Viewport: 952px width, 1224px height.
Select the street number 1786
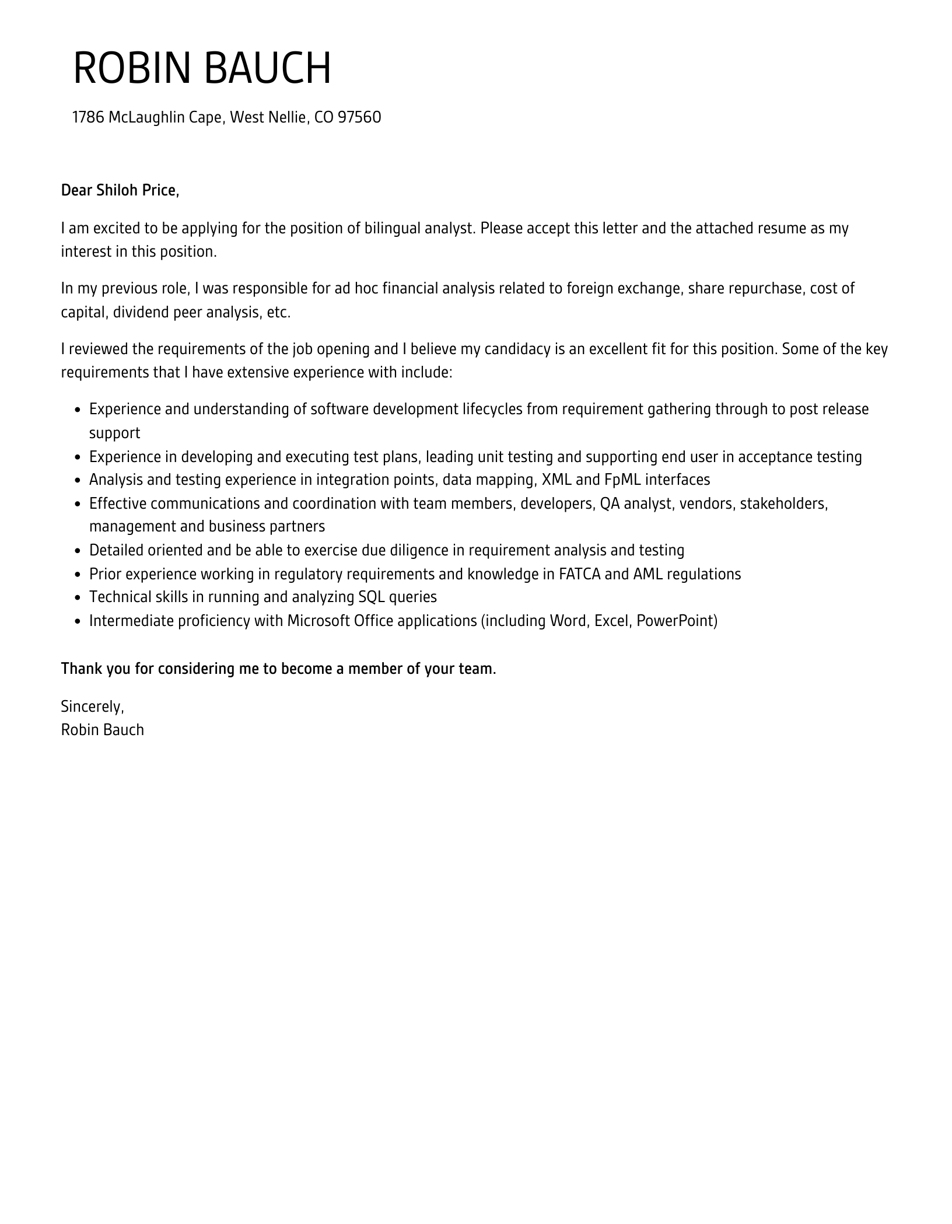[88, 117]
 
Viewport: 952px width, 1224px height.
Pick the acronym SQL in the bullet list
[371, 597]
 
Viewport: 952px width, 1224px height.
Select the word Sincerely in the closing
[92, 707]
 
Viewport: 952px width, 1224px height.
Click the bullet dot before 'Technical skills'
[78, 598]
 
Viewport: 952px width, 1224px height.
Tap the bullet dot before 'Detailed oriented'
[78, 551]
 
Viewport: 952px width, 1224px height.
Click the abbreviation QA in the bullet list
[610, 503]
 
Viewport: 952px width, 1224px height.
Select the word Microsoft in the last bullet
[318, 621]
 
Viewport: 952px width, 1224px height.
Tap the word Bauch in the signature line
[122, 730]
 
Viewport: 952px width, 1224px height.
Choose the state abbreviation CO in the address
[324, 117]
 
